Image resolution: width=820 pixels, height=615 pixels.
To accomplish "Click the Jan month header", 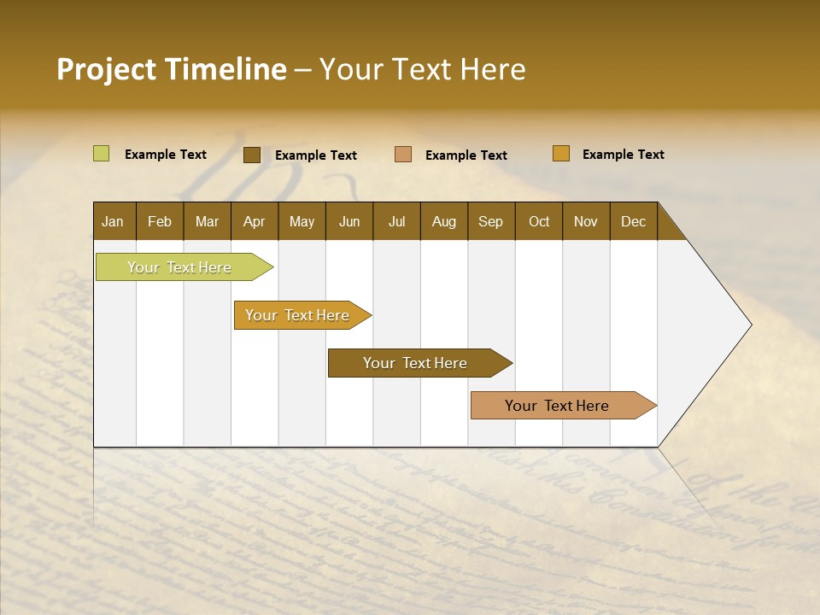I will (x=113, y=221).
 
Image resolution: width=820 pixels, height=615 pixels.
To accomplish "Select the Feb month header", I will (x=160, y=221).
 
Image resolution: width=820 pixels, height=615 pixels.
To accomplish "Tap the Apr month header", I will (x=254, y=221).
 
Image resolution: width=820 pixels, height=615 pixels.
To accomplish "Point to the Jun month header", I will (x=349, y=221).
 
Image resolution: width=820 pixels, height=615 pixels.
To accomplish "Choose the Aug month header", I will (x=443, y=221).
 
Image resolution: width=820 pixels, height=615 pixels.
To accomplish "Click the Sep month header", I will (x=490, y=221).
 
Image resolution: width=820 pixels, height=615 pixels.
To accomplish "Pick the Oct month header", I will (x=539, y=221).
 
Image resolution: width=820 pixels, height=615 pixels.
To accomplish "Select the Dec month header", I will (x=633, y=221).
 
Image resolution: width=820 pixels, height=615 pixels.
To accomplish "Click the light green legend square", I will (x=102, y=154).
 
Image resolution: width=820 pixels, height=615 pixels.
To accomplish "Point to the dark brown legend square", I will (x=252, y=155).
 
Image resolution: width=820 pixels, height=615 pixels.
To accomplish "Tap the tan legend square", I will (x=403, y=155).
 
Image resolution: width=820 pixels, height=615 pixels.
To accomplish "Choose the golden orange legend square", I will (x=561, y=154).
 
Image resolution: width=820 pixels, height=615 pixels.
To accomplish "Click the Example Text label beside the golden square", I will (x=623, y=155).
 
